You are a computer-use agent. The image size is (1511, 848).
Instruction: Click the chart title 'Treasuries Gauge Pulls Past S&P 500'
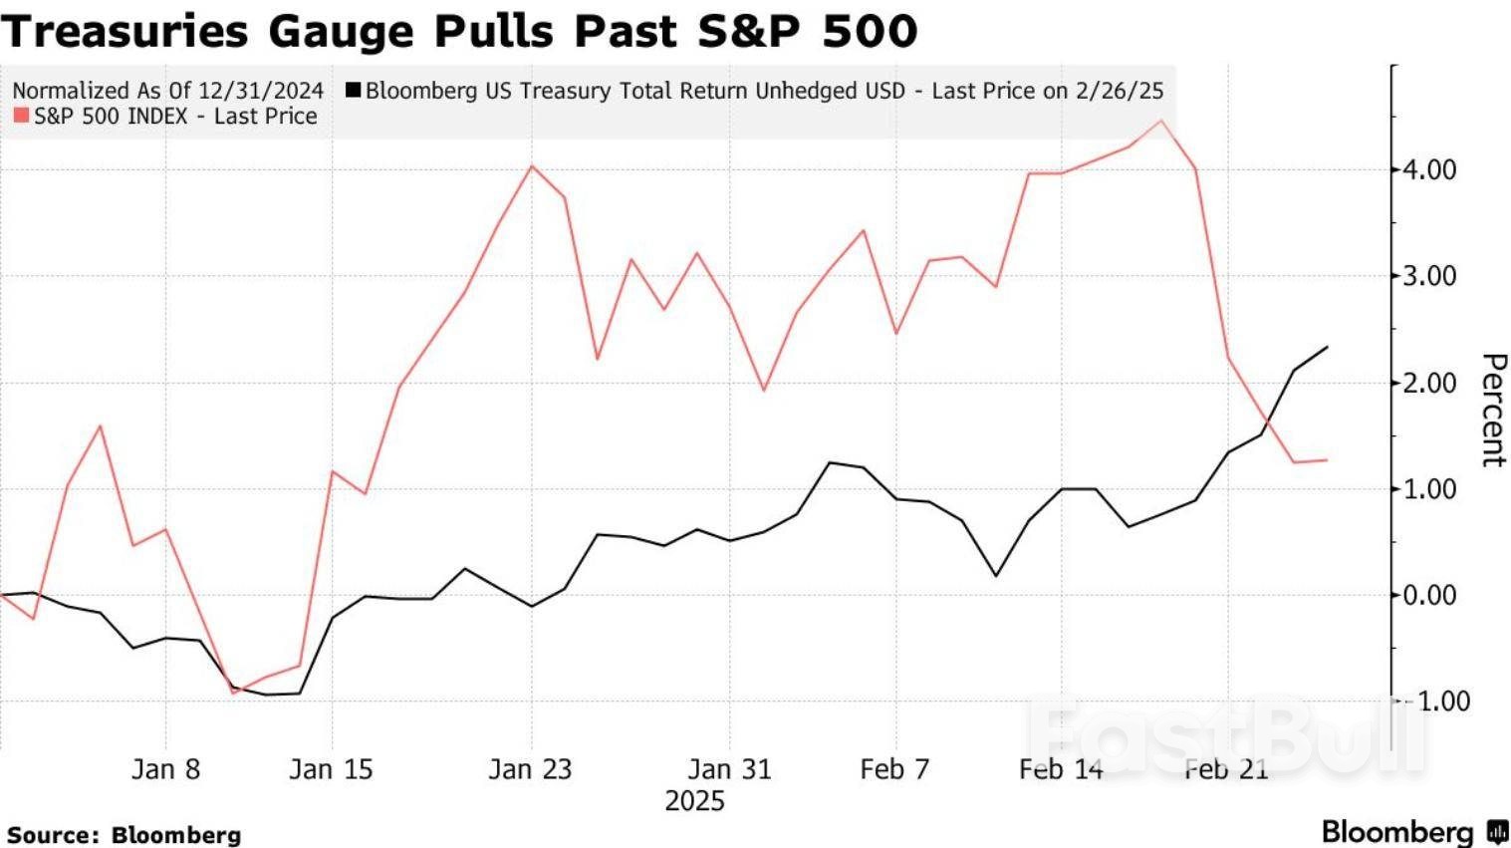pyautogui.click(x=458, y=30)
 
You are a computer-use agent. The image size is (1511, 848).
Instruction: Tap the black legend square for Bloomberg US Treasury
pyautogui.click(x=354, y=91)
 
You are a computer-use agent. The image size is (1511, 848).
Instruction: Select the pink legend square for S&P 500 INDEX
pyautogui.click(x=21, y=117)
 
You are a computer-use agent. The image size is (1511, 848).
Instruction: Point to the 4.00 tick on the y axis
pyautogui.click(x=1429, y=169)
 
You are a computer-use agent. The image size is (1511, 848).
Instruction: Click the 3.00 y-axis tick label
pyautogui.click(x=1429, y=276)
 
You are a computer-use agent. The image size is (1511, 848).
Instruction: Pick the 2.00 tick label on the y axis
pyautogui.click(x=1429, y=383)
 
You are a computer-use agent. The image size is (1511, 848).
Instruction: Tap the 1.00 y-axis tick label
pyautogui.click(x=1429, y=489)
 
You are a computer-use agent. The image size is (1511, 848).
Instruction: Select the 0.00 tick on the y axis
pyautogui.click(x=1429, y=596)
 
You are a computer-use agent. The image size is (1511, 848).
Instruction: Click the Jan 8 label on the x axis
pyautogui.click(x=165, y=769)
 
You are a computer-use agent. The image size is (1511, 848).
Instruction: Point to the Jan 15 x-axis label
pyautogui.click(x=331, y=769)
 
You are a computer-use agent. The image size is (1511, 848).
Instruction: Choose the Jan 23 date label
pyautogui.click(x=530, y=769)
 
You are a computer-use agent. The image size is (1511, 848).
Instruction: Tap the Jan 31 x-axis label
pyautogui.click(x=729, y=769)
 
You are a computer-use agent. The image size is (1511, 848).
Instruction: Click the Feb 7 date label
pyautogui.click(x=894, y=769)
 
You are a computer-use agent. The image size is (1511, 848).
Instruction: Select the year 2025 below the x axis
pyautogui.click(x=694, y=801)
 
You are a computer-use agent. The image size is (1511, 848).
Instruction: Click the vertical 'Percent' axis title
pyautogui.click(x=1492, y=409)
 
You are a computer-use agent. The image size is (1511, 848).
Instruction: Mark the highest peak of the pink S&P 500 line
pyautogui.click(x=1161, y=121)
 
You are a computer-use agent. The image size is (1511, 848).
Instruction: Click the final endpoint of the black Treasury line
pyautogui.click(x=1327, y=347)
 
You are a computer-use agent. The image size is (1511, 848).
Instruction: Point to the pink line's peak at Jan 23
pyautogui.click(x=531, y=165)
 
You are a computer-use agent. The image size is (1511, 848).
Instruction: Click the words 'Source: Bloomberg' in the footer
pyautogui.click(x=124, y=835)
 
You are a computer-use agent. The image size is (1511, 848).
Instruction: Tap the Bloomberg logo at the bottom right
pyautogui.click(x=1413, y=832)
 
